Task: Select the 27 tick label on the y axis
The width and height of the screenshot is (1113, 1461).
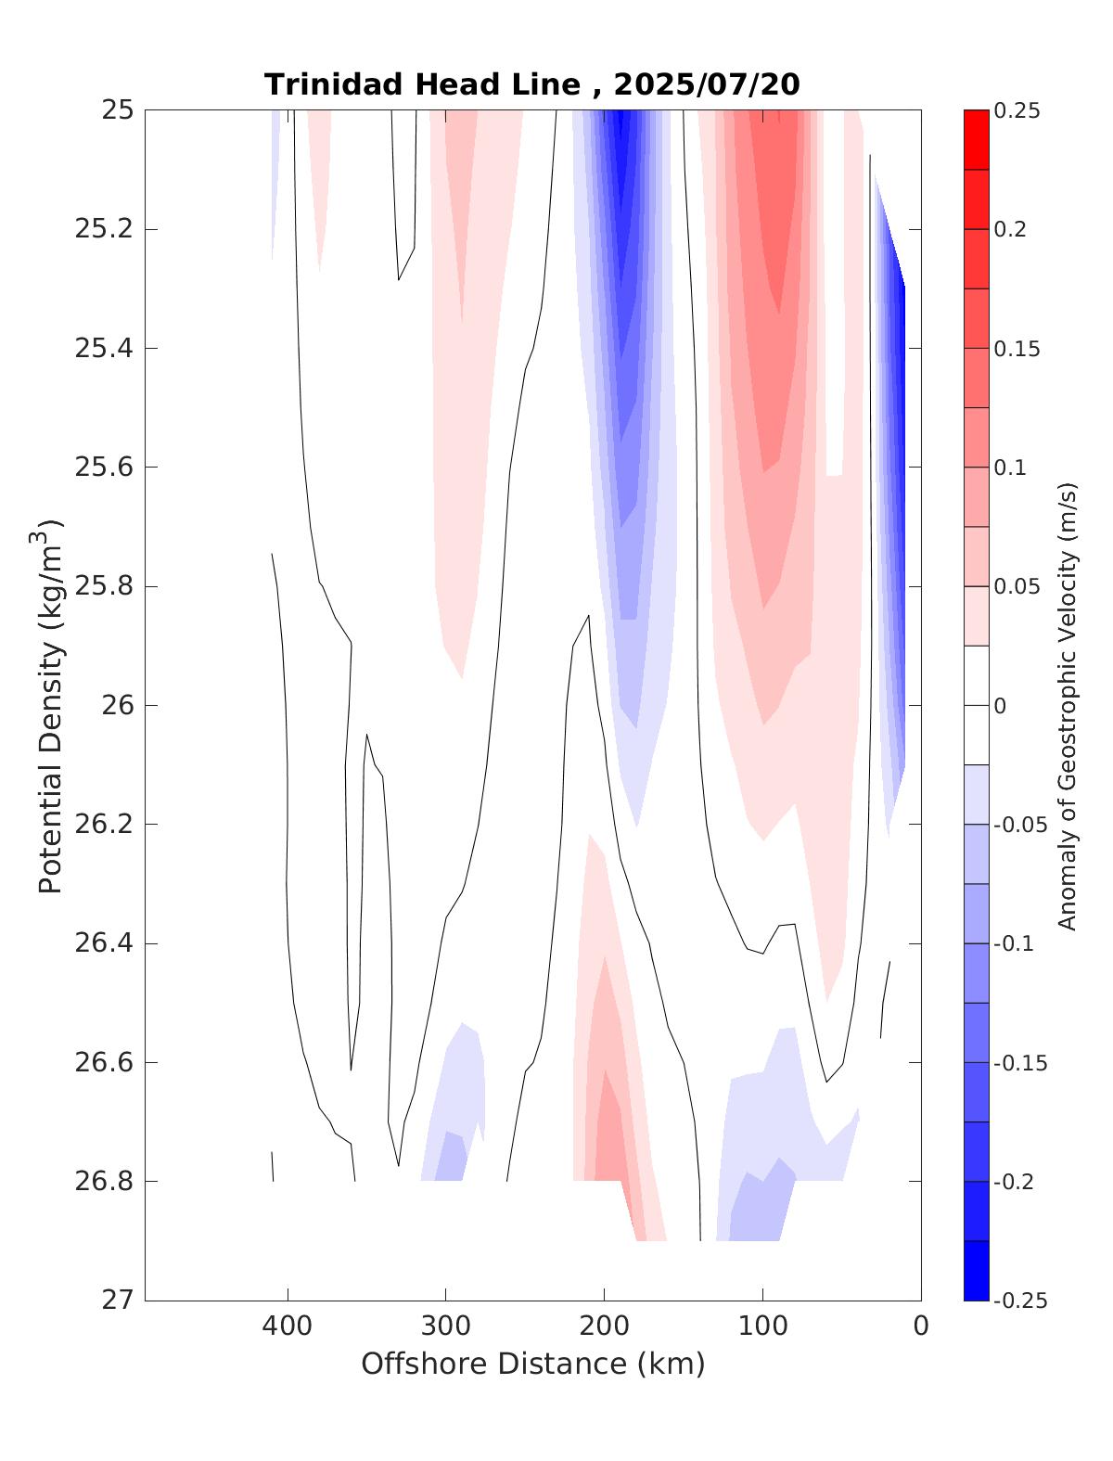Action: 119,1301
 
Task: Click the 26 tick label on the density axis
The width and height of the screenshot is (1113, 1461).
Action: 119,706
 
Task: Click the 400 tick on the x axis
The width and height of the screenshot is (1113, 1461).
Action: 288,1326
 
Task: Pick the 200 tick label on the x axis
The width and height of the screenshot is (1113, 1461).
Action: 605,1326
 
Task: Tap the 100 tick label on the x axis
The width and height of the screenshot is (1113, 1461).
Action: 762,1326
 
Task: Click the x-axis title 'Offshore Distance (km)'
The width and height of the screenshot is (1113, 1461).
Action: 532,1364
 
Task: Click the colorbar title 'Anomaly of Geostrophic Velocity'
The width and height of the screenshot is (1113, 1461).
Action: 1068,705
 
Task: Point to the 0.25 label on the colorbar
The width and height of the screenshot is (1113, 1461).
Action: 1017,111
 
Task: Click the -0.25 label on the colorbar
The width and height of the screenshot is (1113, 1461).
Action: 1019,1301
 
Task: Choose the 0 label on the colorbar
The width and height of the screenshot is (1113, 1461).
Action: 1000,706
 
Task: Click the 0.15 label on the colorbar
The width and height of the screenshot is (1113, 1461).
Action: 1017,349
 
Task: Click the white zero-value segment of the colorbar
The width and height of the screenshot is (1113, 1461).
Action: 976,705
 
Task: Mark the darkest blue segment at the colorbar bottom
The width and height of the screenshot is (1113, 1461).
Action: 976,1270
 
